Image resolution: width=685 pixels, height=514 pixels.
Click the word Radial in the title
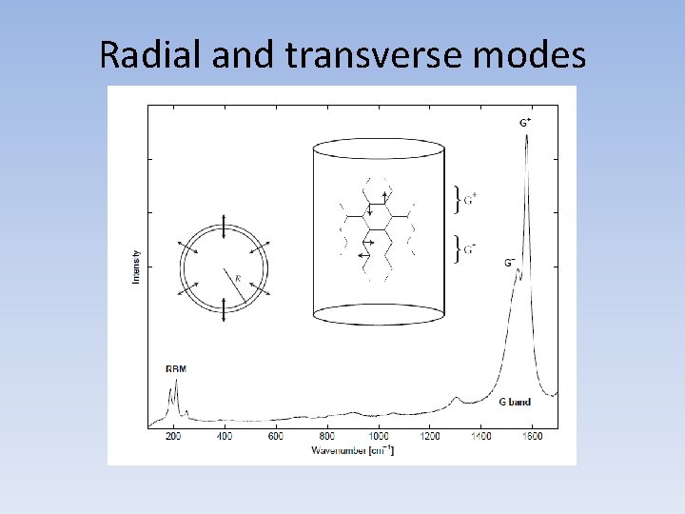(151, 56)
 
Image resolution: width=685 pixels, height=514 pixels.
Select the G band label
(515, 402)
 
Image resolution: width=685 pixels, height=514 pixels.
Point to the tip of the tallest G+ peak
(526, 135)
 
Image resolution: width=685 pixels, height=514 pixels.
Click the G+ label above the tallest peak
(525, 123)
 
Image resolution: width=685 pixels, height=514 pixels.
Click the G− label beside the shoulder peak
(510, 262)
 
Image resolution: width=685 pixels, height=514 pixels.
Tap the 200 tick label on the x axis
(173, 437)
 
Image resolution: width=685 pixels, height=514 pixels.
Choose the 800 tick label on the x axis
(327, 437)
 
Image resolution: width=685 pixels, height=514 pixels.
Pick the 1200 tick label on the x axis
(430, 437)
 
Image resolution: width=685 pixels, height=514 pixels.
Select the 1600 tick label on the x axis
(533, 437)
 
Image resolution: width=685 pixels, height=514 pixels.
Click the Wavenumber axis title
(352, 449)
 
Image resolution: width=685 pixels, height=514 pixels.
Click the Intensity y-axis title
(137, 266)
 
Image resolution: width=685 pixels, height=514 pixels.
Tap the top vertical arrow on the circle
(224, 226)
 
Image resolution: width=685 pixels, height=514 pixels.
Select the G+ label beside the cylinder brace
(471, 198)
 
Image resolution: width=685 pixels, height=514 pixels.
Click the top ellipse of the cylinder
(379, 148)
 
